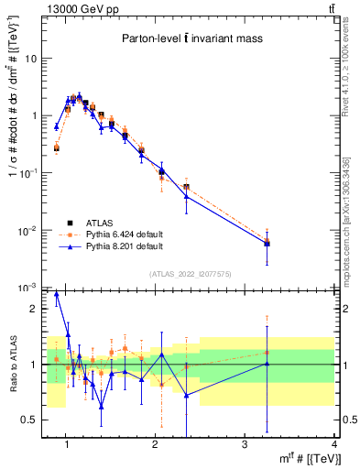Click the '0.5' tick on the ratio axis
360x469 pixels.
click(30, 420)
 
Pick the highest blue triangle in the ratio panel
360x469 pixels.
click(57, 294)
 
